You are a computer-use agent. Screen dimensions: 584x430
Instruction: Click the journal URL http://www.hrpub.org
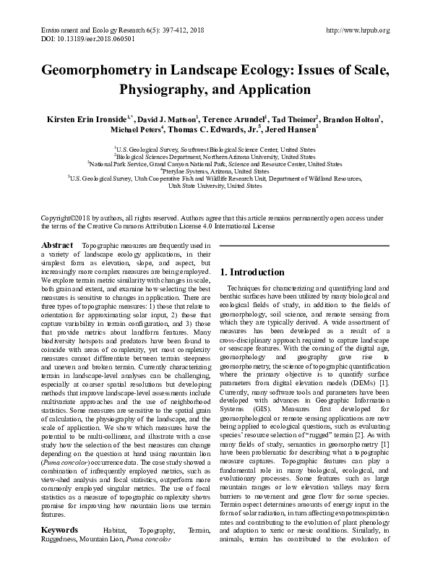(358, 30)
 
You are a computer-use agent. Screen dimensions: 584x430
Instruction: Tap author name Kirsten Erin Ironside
(89, 119)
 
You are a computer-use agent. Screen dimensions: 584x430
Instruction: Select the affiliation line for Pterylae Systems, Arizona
(214, 171)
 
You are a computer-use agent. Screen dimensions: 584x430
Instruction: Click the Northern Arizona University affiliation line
(214, 155)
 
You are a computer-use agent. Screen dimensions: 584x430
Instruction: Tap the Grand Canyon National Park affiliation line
(214, 163)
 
